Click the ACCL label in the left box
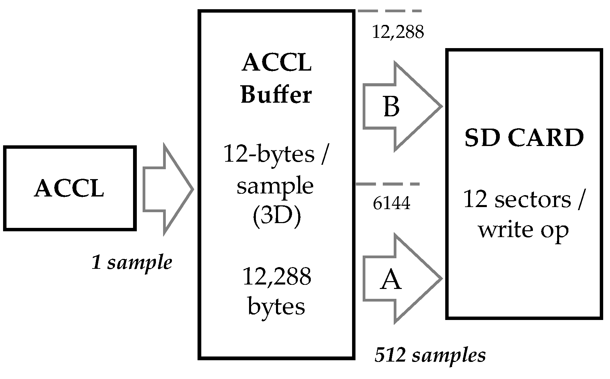click(x=69, y=189)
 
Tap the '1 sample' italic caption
click(x=132, y=263)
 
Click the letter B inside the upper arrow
click(x=391, y=107)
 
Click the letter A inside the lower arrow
click(x=391, y=279)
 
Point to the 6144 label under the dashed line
click(x=391, y=204)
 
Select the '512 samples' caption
click(x=430, y=355)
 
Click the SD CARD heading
click(x=524, y=138)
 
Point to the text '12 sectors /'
click(x=524, y=200)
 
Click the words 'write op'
click(x=523, y=230)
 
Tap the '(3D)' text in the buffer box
click(x=277, y=217)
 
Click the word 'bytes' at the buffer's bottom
click(x=276, y=306)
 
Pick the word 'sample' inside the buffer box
click(x=275, y=186)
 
